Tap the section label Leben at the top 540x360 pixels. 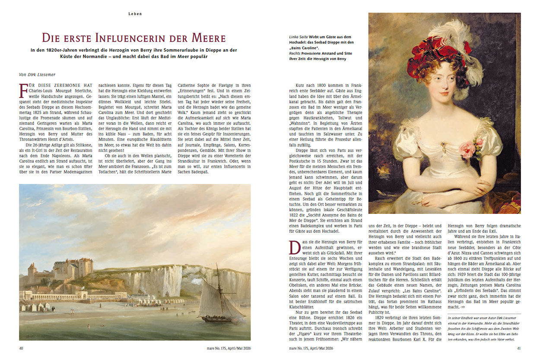pos(135,14)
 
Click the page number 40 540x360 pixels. pos(22,348)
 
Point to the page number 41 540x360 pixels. pos(518,348)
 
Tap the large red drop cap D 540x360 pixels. pos(295,248)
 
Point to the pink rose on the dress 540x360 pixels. pos(468,148)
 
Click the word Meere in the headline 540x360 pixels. pos(207,38)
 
